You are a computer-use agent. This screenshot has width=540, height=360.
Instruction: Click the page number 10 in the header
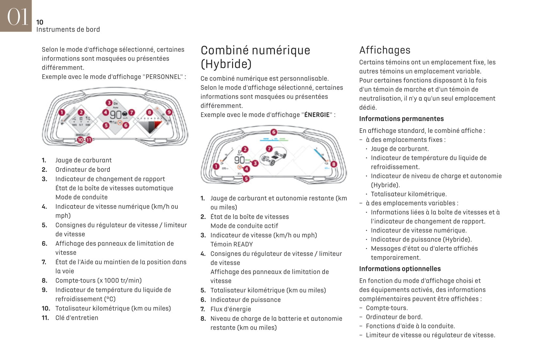point(40,22)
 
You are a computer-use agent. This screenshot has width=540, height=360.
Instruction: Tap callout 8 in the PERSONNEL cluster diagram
point(149,113)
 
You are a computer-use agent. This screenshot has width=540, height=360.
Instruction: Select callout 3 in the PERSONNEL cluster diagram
point(109,103)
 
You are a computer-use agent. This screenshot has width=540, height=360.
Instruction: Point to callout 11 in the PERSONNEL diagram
point(88,140)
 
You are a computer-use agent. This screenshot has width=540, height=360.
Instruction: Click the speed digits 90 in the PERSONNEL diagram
point(116,115)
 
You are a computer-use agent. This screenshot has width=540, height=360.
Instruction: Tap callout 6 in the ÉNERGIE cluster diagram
point(274,132)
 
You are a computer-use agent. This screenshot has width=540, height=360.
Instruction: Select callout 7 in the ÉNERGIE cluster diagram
point(269,149)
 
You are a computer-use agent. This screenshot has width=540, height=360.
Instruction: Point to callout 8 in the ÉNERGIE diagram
point(333,164)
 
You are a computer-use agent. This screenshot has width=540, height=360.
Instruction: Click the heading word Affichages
point(385,50)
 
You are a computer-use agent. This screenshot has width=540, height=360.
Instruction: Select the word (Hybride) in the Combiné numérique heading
point(226,64)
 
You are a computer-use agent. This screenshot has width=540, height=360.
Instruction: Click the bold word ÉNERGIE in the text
point(317,115)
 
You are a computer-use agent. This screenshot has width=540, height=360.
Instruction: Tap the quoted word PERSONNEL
point(163,77)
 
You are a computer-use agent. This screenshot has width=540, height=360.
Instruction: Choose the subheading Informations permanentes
point(401,119)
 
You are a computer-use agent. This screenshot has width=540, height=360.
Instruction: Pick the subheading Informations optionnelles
point(400,269)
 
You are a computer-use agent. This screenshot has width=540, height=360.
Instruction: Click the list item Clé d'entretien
point(77,318)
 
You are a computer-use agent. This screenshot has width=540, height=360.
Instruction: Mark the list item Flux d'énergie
point(230,309)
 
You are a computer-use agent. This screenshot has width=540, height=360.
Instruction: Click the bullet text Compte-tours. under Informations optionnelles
point(387,308)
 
